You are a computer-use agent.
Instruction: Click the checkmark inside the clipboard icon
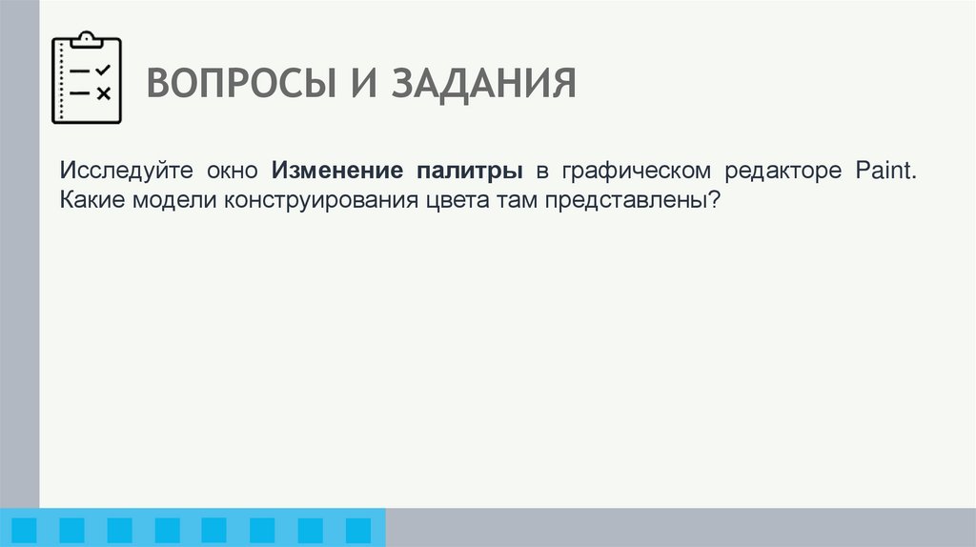click(103, 70)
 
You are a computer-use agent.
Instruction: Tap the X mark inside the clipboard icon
click(103, 92)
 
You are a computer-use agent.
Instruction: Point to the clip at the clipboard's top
click(87, 39)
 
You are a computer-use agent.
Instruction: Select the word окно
click(229, 172)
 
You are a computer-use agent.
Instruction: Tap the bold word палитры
click(469, 172)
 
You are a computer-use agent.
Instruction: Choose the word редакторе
click(783, 172)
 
